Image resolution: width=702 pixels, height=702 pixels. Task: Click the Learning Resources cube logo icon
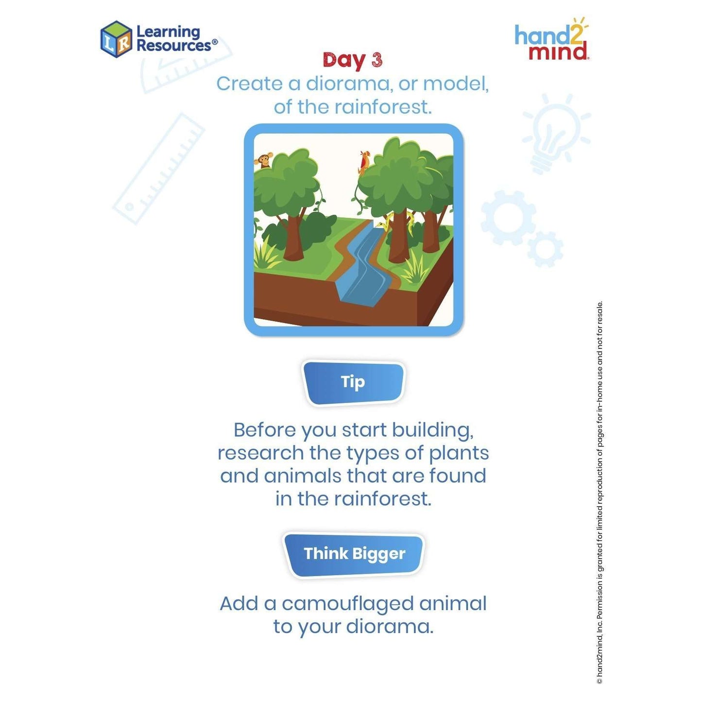coord(116,39)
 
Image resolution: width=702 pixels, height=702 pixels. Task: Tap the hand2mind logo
coord(551,38)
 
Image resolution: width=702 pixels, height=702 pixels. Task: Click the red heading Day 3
coord(352,60)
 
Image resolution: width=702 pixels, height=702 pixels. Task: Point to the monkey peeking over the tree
coord(264,160)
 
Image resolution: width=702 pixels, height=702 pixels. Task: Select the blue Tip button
coord(353,382)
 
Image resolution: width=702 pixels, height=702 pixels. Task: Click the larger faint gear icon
coord(508,217)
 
